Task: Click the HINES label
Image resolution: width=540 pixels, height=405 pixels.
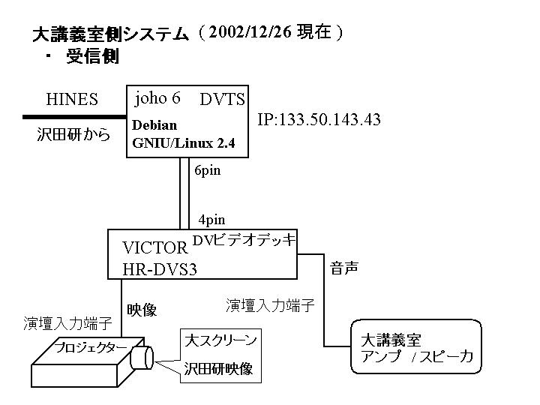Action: point(72,100)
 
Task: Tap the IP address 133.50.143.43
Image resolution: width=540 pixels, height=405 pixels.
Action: point(319,120)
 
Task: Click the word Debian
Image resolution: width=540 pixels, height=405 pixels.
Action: point(154,125)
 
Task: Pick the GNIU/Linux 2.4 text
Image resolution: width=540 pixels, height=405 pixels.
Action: point(188,142)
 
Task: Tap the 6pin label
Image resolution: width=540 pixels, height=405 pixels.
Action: point(207,171)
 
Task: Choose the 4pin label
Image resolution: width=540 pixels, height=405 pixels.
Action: point(211,220)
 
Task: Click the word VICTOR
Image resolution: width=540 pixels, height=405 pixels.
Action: point(154,249)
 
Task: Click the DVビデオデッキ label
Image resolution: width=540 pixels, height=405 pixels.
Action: point(244,240)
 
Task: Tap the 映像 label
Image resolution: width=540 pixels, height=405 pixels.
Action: point(141,310)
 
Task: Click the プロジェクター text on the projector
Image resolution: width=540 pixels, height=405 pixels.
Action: point(90,348)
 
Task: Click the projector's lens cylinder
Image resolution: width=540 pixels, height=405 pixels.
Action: point(142,358)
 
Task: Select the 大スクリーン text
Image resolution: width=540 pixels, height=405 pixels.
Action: point(221,340)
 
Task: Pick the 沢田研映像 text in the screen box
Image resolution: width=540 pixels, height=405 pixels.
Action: point(218,369)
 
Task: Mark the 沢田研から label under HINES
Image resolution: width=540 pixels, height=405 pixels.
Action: point(73,135)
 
